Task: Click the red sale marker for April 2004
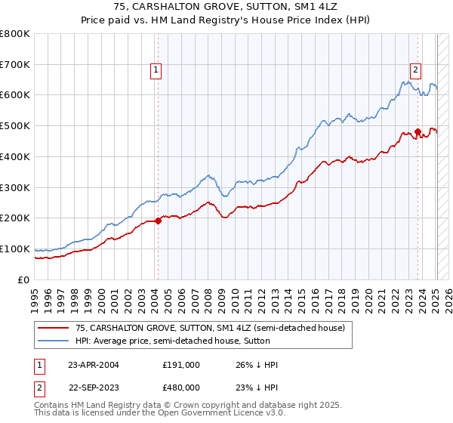(158, 221)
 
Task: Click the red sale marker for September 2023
(418, 132)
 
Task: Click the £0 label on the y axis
(24, 279)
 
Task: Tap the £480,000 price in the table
(181, 387)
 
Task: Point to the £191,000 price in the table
(181, 365)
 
